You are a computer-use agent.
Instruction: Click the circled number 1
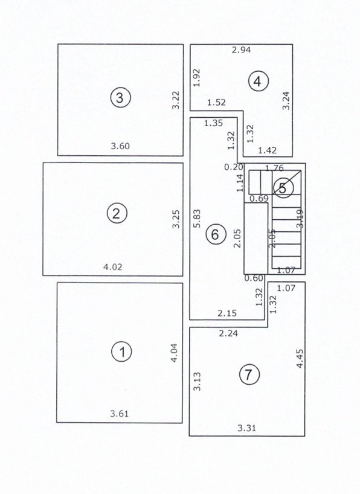pyautogui.click(x=123, y=351)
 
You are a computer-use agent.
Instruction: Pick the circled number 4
pyautogui.click(x=259, y=81)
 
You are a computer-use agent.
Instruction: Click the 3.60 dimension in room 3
pyautogui.click(x=120, y=146)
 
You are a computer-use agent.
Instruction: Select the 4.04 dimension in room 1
pyautogui.click(x=175, y=352)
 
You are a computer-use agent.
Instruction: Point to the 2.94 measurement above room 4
pyautogui.click(x=242, y=50)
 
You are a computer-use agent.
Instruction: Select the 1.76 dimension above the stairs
pyautogui.click(x=275, y=168)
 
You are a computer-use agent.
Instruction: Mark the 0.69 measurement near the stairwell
pyautogui.click(x=259, y=198)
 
